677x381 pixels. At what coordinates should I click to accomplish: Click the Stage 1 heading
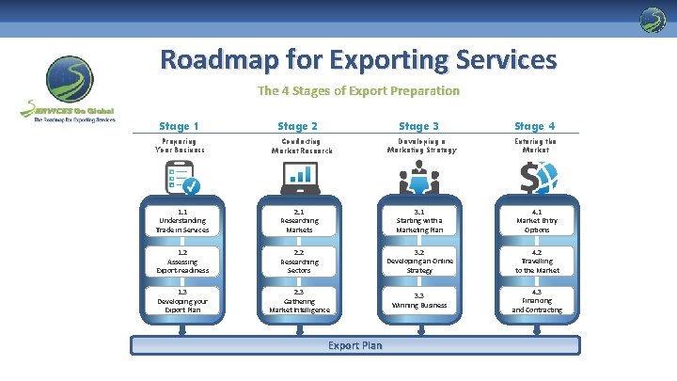tap(179, 126)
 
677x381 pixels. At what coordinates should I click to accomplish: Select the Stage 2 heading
tap(298, 126)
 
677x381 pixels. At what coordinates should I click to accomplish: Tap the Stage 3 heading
tap(418, 126)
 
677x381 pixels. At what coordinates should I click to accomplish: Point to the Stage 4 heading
tap(535, 126)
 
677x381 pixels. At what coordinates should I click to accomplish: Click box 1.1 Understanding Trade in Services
tap(183, 223)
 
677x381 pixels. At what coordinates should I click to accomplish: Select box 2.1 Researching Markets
tap(300, 223)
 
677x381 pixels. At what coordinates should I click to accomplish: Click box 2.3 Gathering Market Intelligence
tap(300, 302)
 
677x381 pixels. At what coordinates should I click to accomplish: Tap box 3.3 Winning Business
tap(419, 302)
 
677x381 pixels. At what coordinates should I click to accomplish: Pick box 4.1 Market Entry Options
tap(538, 223)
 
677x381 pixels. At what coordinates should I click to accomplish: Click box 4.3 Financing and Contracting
tap(538, 302)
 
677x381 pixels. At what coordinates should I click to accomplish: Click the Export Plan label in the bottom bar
tap(355, 345)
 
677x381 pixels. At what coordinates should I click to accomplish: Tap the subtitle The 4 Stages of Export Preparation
tap(358, 91)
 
